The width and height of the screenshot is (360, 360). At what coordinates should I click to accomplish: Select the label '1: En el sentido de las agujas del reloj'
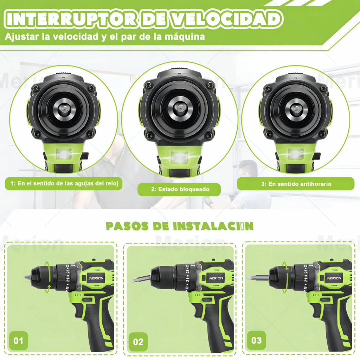pyautogui.click(x=64, y=183)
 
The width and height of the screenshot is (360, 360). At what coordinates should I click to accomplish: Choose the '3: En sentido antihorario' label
pyautogui.click(x=296, y=183)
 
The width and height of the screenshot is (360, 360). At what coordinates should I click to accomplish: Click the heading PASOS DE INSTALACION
pyautogui.click(x=180, y=226)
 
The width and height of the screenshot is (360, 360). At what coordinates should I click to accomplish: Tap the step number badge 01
pyautogui.click(x=18, y=341)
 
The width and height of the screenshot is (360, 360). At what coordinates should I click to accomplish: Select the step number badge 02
pyautogui.click(x=138, y=342)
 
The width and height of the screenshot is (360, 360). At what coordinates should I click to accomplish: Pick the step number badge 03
pyautogui.click(x=257, y=340)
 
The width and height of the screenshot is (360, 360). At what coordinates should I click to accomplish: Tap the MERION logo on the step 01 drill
pyautogui.click(x=95, y=278)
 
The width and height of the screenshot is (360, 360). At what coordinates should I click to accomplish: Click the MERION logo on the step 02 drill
pyautogui.click(x=214, y=278)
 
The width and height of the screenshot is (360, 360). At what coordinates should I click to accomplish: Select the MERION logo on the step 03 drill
pyautogui.click(x=333, y=278)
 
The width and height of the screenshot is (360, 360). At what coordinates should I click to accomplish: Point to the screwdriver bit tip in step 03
pyautogui.click(x=250, y=278)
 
